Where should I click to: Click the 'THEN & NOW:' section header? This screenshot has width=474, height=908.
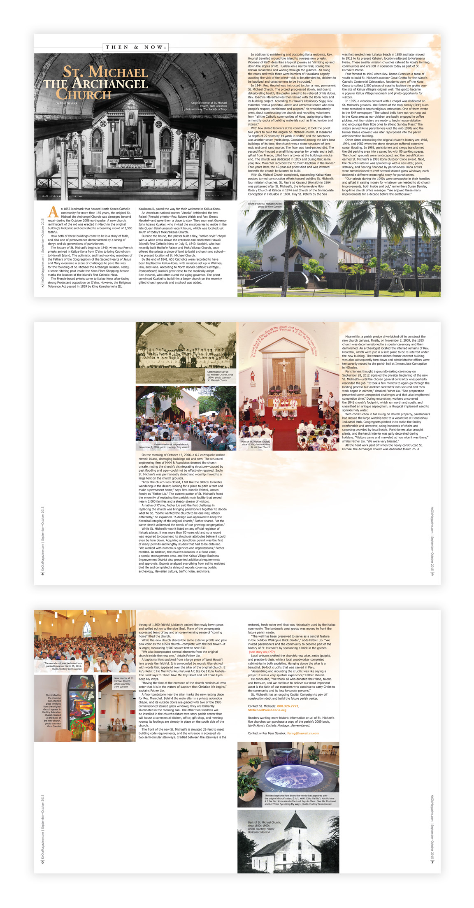click(136, 47)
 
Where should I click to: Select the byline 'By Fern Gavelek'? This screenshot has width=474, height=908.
click(66, 103)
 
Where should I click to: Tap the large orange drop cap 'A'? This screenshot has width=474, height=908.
click(53, 212)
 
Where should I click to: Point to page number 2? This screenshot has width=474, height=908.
click(42, 286)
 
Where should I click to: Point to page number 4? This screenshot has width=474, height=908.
click(42, 574)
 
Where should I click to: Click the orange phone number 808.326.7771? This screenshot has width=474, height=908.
click(288, 706)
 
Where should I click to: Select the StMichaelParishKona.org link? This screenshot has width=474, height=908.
click(267, 710)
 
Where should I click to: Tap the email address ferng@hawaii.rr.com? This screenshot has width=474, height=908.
click(303, 733)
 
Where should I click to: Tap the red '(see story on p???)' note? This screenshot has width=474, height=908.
click(262, 652)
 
